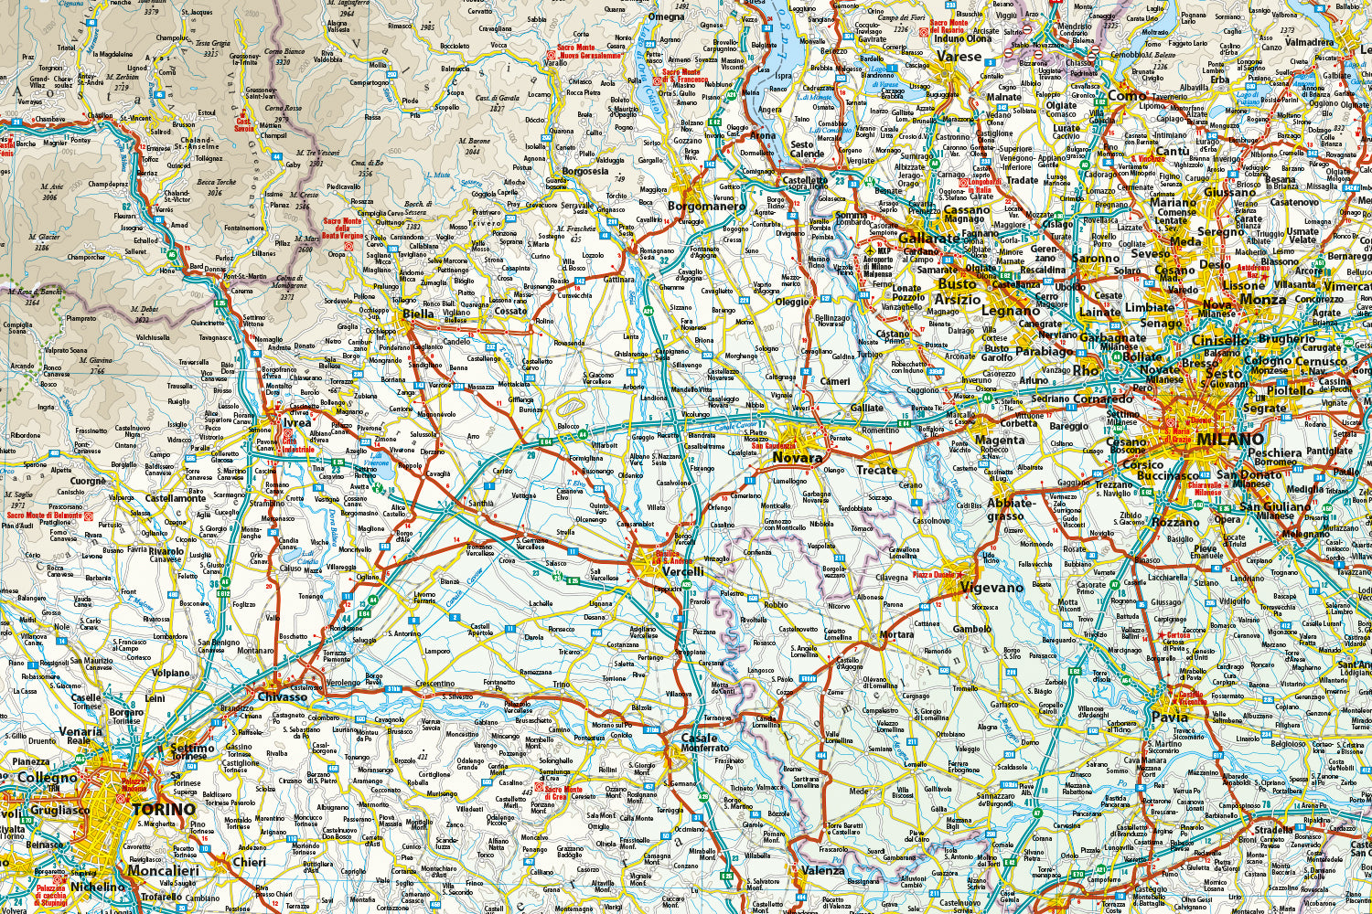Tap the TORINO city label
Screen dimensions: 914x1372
[164, 810]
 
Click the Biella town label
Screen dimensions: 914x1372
[418, 314]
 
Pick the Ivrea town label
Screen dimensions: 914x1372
[296, 422]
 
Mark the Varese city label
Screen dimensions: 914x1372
[958, 57]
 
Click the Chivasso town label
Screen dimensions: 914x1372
[282, 696]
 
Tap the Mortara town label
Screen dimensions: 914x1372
[896, 634]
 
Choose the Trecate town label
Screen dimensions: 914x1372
[876, 470]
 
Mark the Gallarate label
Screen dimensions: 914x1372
[928, 238]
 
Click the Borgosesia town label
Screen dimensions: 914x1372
[585, 171]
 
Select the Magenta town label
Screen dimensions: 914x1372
[1002, 440]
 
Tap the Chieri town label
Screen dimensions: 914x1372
[249, 861]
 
